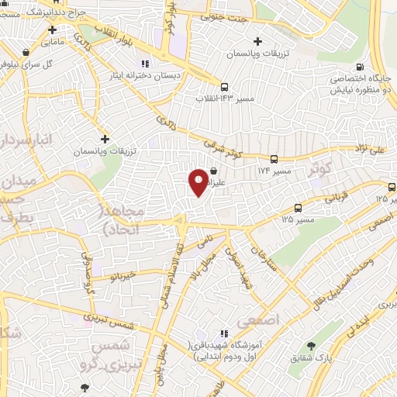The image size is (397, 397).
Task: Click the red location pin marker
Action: pyautogui.click(x=198, y=183)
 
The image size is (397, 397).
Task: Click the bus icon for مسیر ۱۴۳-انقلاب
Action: pyautogui.click(x=224, y=88)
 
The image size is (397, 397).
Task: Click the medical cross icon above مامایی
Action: pyautogui.click(x=53, y=30)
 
